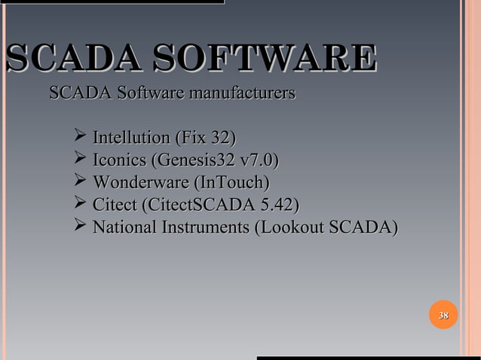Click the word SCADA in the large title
click(x=72, y=59)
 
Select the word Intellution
click(x=130, y=139)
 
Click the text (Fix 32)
click(x=204, y=139)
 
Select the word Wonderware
click(x=140, y=183)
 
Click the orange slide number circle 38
click(x=444, y=315)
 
